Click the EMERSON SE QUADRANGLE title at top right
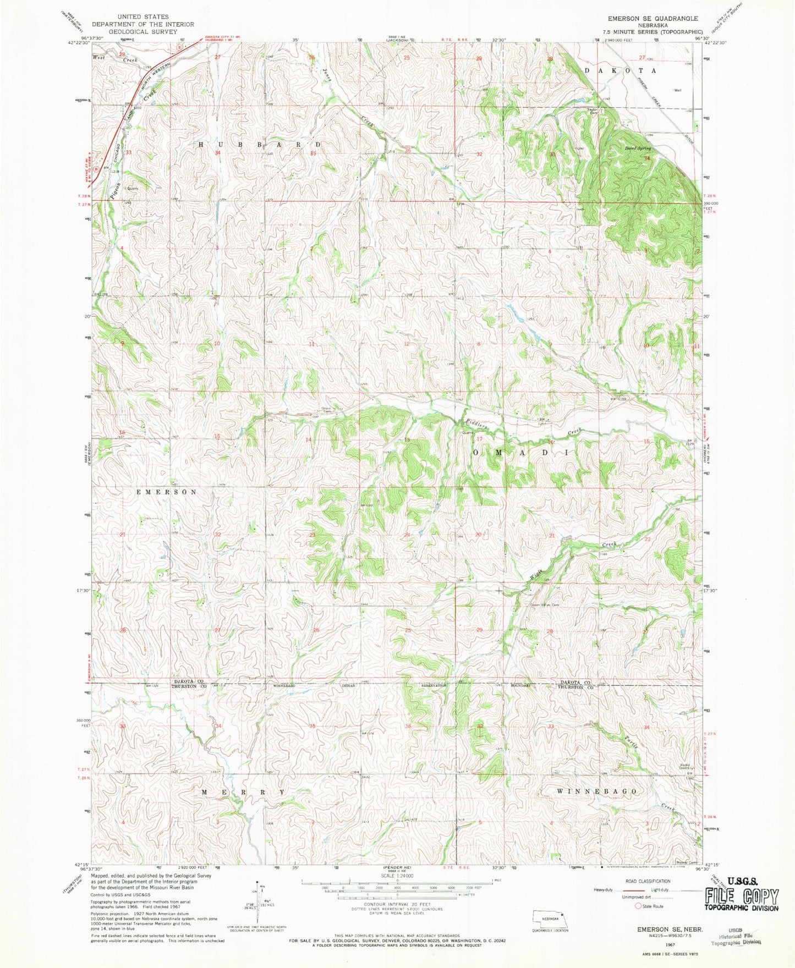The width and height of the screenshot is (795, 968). click(x=649, y=18)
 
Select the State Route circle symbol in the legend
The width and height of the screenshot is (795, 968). click(x=638, y=906)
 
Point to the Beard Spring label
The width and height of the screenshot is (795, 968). click(x=638, y=148)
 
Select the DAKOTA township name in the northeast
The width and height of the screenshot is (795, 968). click(x=620, y=71)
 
